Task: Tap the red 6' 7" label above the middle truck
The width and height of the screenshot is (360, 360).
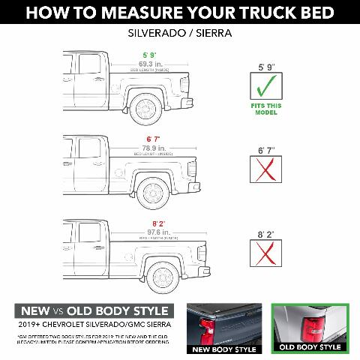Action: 153,139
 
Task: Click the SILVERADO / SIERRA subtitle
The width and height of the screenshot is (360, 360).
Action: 180,34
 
